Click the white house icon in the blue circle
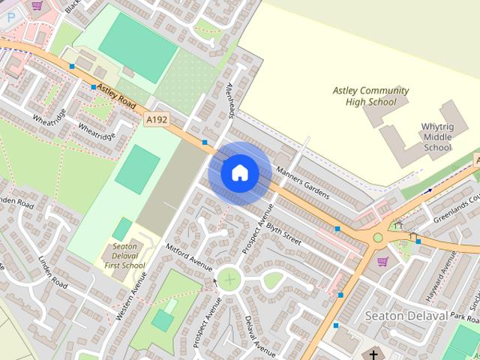[x=240, y=173]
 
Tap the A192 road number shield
[x=156, y=119]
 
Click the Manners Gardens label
[x=302, y=182]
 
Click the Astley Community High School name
[x=371, y=96]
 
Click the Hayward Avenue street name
[x=448, y=269]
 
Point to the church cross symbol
[x=373, y=353]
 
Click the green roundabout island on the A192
[x=378, y=238]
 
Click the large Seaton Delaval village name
[x=405, y=316]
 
